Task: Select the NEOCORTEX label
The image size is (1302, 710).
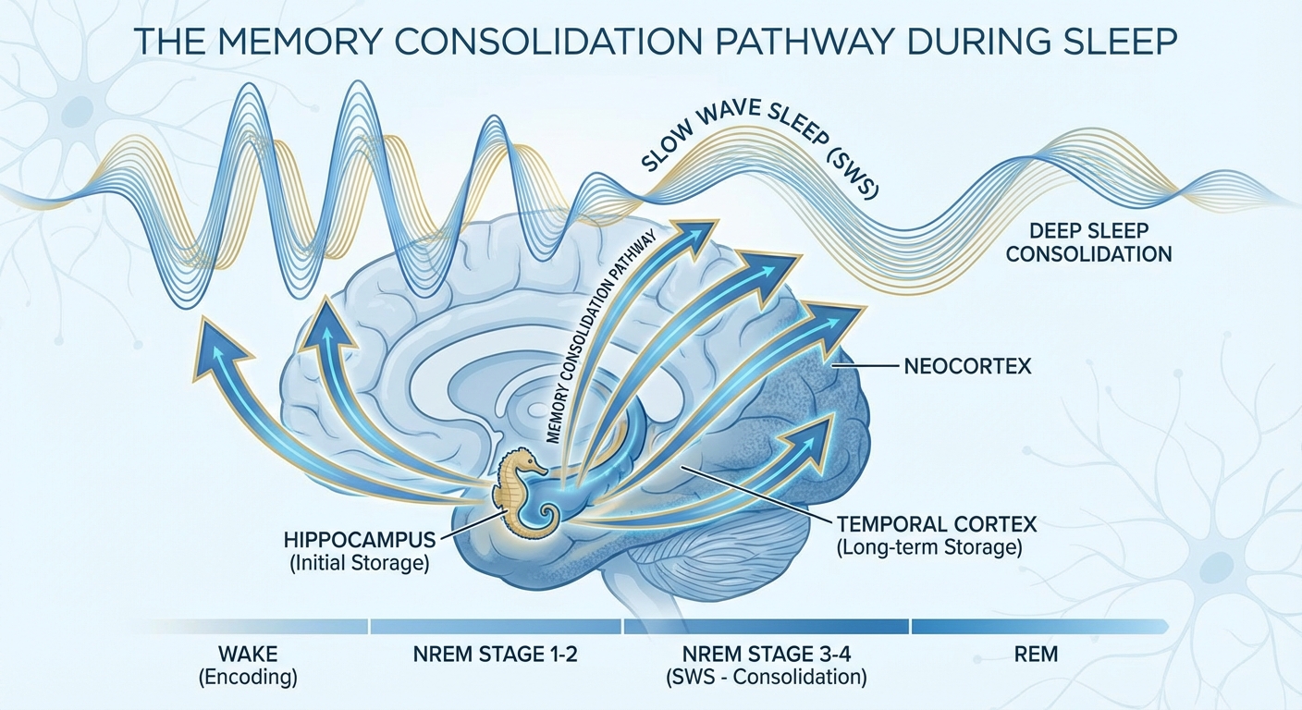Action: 965,368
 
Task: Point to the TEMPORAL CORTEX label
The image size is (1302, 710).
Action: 936,524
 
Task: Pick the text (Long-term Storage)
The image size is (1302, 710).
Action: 929,547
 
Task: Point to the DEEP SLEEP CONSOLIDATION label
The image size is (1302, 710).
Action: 1088,243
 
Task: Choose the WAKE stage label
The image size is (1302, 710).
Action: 248,655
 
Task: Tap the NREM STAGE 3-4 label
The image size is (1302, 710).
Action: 767,655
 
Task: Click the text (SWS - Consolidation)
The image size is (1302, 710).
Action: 767,678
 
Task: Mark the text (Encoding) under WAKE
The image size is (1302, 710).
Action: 248,678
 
